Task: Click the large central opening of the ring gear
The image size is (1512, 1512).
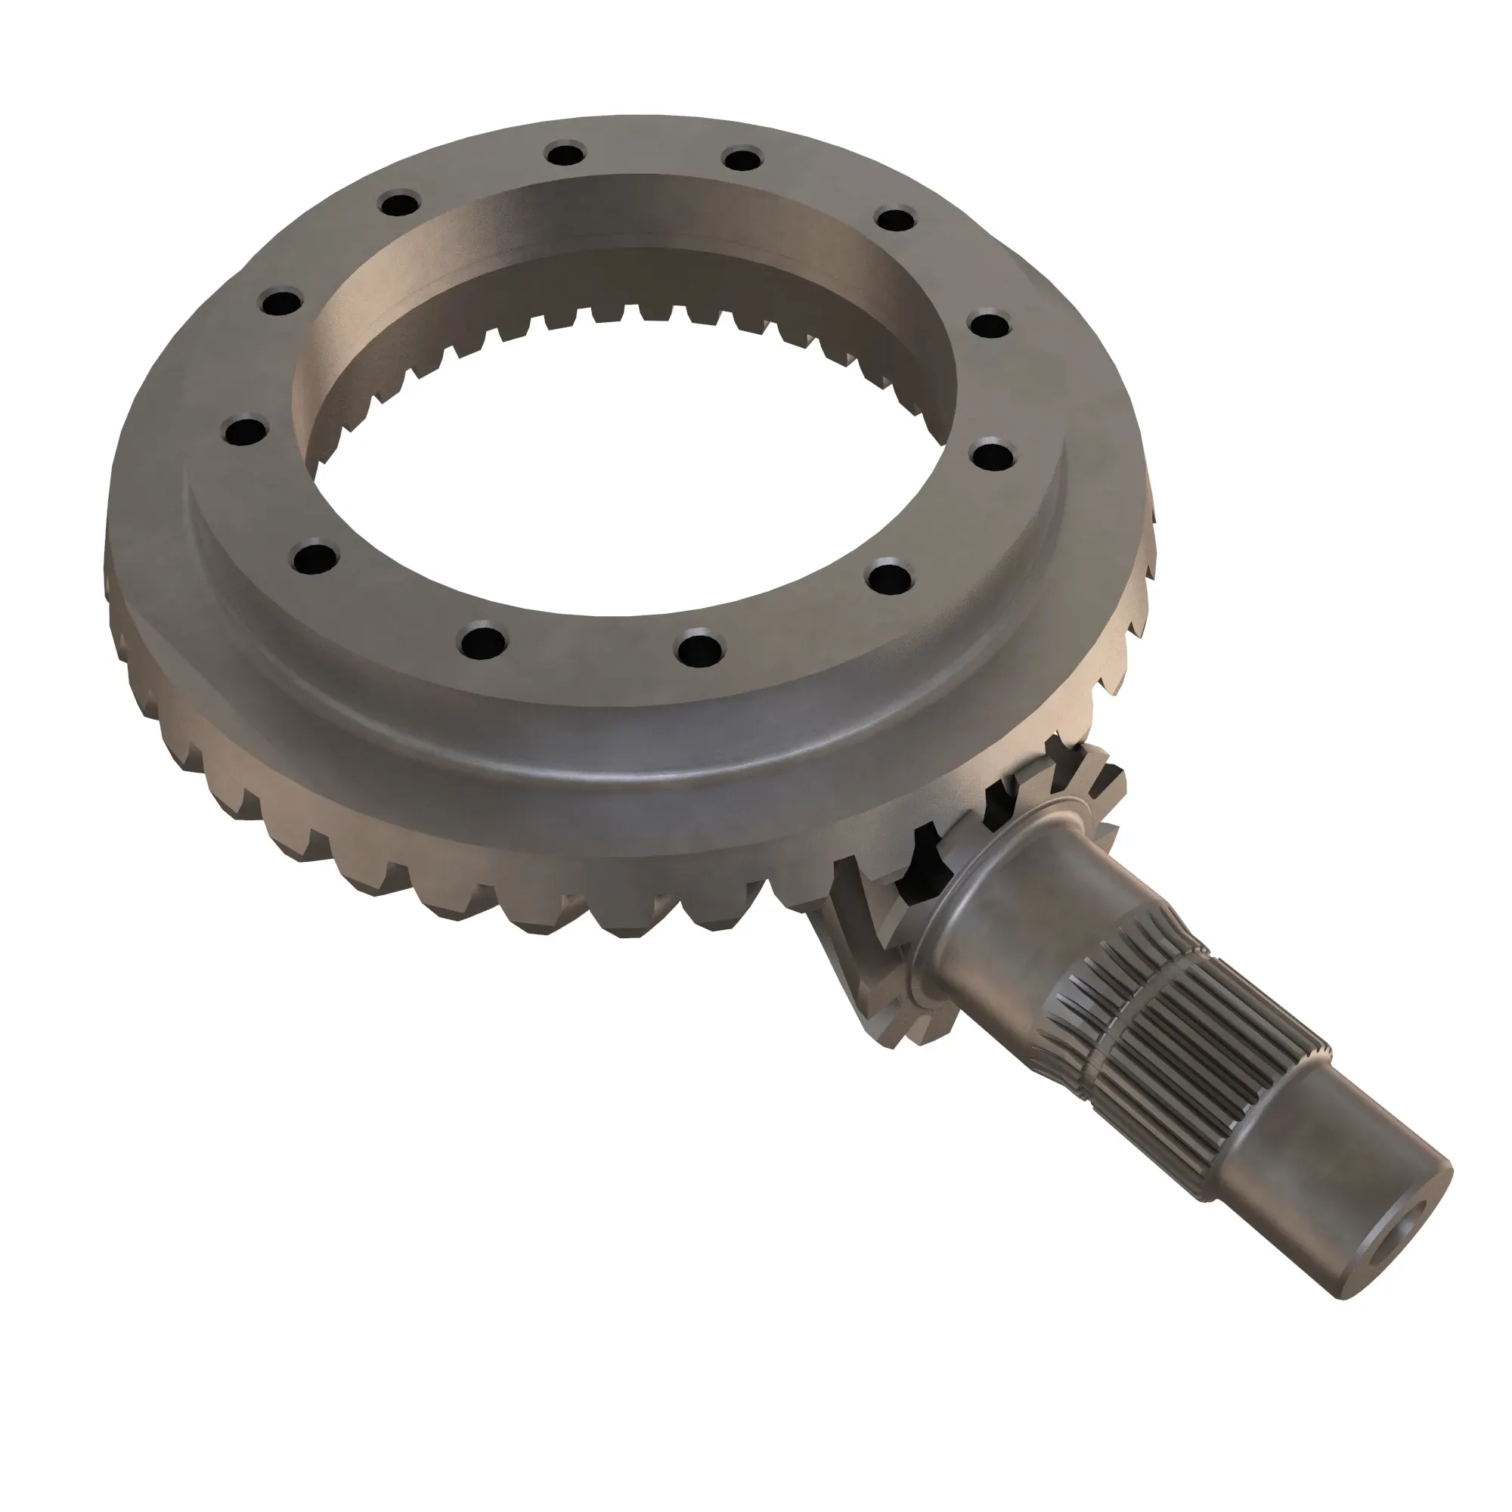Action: (626, 501)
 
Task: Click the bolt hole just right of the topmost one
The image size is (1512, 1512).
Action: (742, 160)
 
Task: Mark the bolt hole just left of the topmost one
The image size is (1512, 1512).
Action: (401, 204)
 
